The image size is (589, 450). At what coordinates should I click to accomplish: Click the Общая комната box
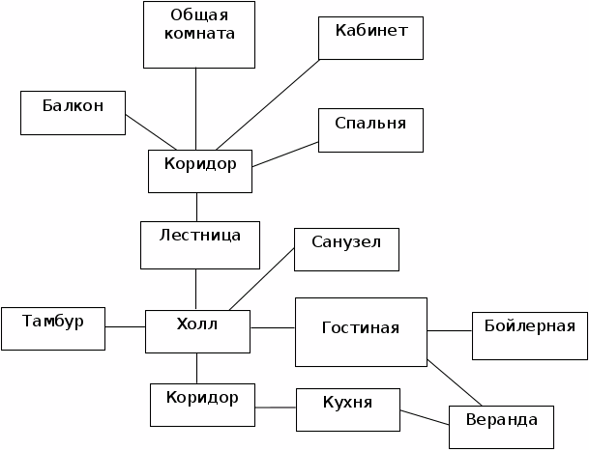click(x=199, y=35)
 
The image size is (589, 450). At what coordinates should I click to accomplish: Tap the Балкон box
click(x=73, y=112)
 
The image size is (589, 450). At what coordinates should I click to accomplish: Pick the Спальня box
click(x=370, y=130)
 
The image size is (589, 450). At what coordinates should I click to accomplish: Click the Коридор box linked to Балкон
click(x=200, y=171)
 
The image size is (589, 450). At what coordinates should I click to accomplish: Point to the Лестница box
click(x=200, y=244)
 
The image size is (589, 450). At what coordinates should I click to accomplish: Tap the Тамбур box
click(x=52, y=328)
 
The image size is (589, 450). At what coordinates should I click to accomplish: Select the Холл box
click(x=198, y=331)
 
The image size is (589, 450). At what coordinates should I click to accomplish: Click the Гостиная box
click(x=361, y=331)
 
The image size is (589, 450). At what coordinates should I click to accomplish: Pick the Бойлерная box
click(x=529, y=335)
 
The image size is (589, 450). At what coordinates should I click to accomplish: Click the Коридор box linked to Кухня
click(x=202, y=405)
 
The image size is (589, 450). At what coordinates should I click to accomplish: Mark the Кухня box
click(x=348, y=410)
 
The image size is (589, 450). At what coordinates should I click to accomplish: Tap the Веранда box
click(x=501, y=426)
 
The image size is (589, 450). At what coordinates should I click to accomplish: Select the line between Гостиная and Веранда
click(x=455, y=382)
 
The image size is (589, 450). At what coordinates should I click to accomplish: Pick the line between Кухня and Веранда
click(x=425, y=416)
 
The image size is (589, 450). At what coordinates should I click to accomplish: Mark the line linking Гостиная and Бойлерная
click(x=450, y=331)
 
